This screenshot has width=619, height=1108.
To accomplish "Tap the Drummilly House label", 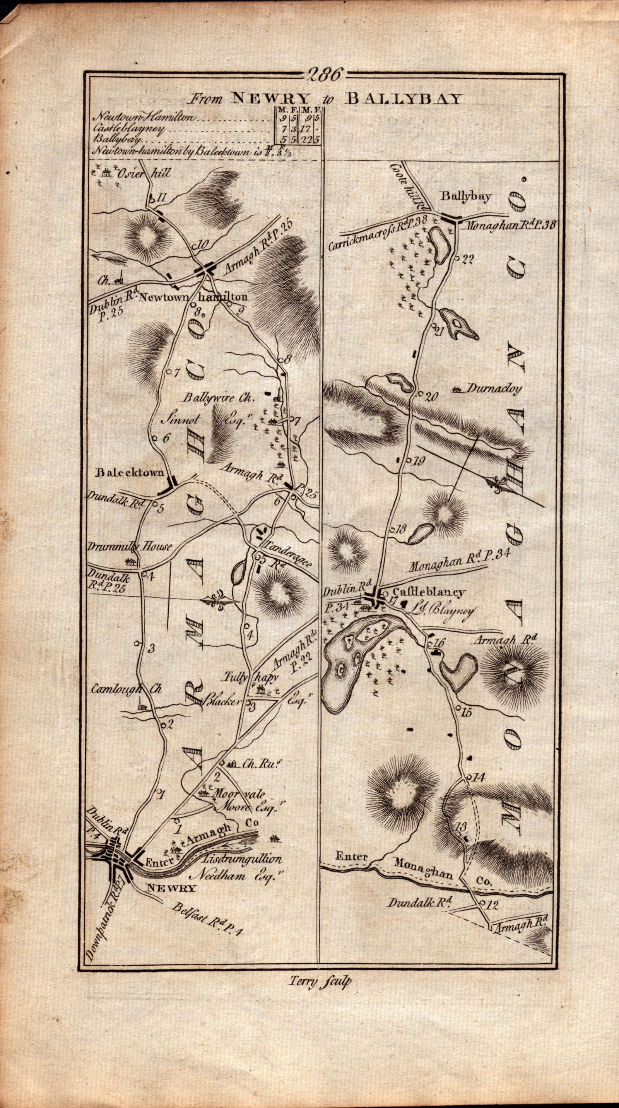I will pyautogui.click(x=129, y=547).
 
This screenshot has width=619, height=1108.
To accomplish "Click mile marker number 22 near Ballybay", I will pyautogui.click(x=468, y=259).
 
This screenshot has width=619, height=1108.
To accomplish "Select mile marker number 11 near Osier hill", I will pyautogui.click(x=161, y=197).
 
